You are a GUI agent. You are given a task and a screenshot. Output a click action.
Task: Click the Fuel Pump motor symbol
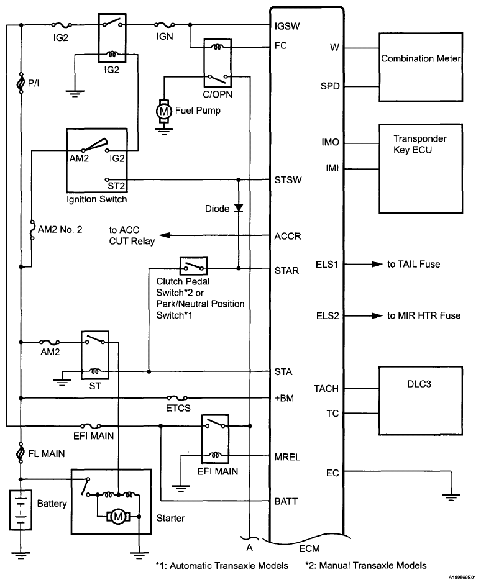click(x=164, y=111)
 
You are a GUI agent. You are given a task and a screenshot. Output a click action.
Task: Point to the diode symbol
click(x=239, y=209)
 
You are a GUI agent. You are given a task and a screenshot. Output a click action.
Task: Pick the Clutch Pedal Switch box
click(x=194, y=267)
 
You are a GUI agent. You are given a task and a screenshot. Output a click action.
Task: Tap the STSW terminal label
click(x=288, y=181)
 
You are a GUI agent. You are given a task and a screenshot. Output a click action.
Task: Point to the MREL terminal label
click(x=287, y=457)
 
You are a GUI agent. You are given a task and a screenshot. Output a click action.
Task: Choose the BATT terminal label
click(x=287, y=501)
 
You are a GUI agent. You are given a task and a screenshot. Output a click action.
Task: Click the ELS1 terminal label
click(x=328, y=265)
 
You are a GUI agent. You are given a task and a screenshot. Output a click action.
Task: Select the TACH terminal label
click(x=327, y=389)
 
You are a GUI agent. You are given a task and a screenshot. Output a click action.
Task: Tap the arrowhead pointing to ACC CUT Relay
click(x=161, y=236)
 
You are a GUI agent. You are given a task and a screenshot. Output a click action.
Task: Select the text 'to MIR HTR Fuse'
click(x=424, y=315)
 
